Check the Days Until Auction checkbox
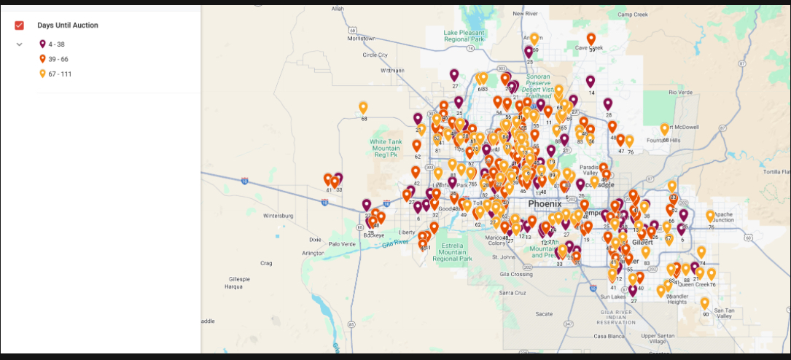point(20,26)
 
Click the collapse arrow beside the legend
point(20,44)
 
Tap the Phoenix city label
point(545,204)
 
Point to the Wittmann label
point(391,71)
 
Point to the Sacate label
point(544,313)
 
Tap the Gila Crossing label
point(516,275)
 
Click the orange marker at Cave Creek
point(591,39)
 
